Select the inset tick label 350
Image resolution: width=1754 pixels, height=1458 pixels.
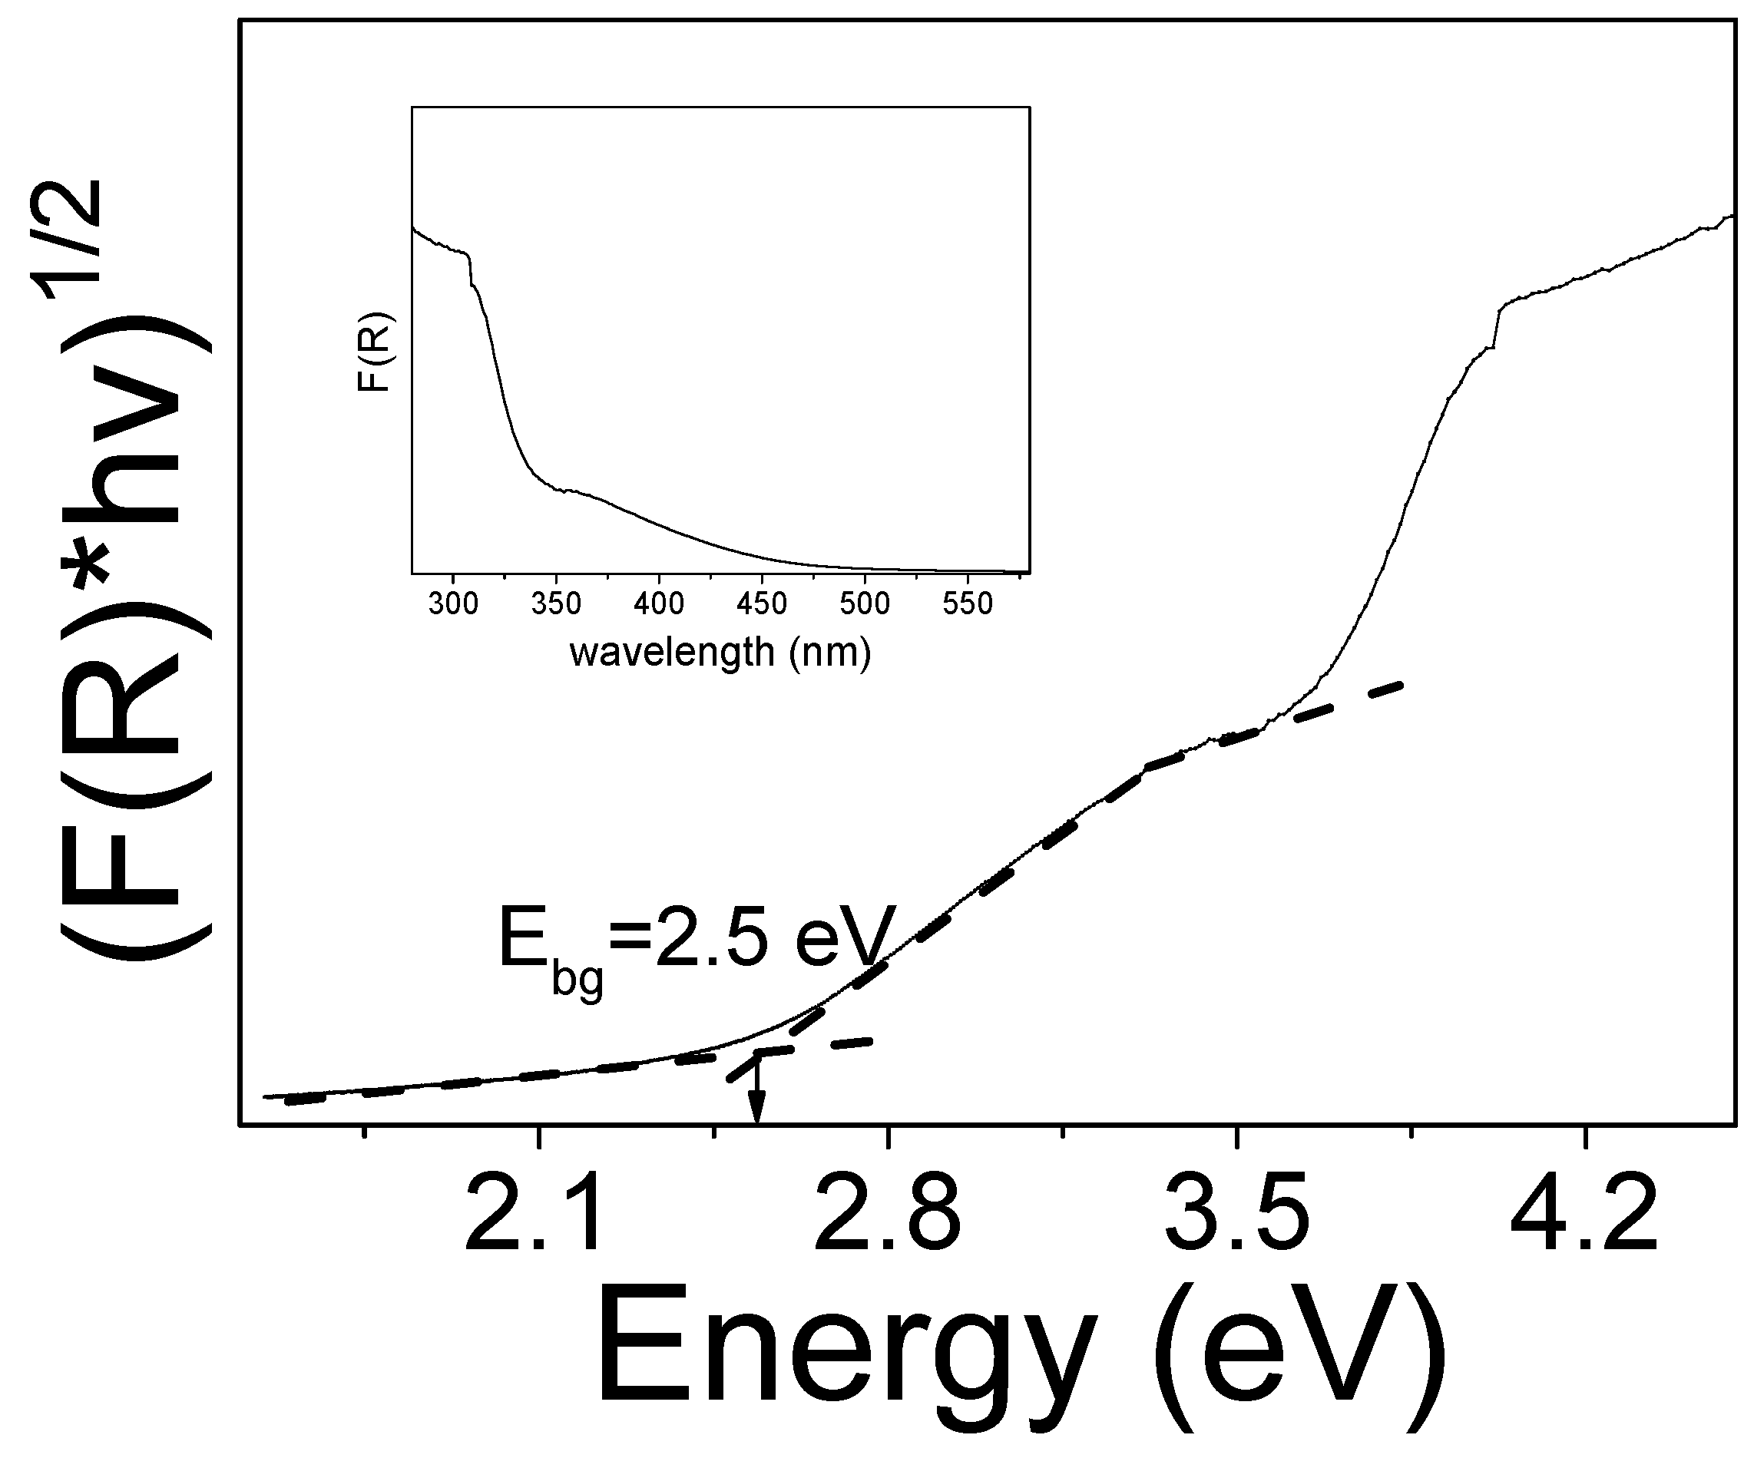tap(555, 603)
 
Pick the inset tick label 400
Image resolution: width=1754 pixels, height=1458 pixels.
tap(659, 603)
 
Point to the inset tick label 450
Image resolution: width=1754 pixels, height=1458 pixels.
tap(762, 603)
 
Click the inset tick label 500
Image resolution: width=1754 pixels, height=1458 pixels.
tap(865, 603)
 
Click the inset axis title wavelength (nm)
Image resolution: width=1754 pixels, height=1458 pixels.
tap(720, 651)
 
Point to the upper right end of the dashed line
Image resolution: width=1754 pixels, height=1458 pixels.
tap(1402, 685)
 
